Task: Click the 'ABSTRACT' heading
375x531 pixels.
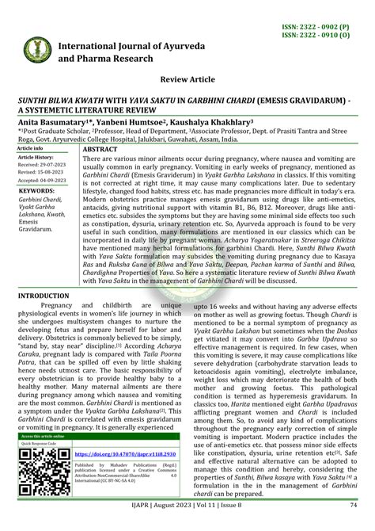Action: point(100,149)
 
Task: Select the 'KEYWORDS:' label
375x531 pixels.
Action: point(36,191)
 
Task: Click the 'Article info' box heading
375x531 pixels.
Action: point(31,148)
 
